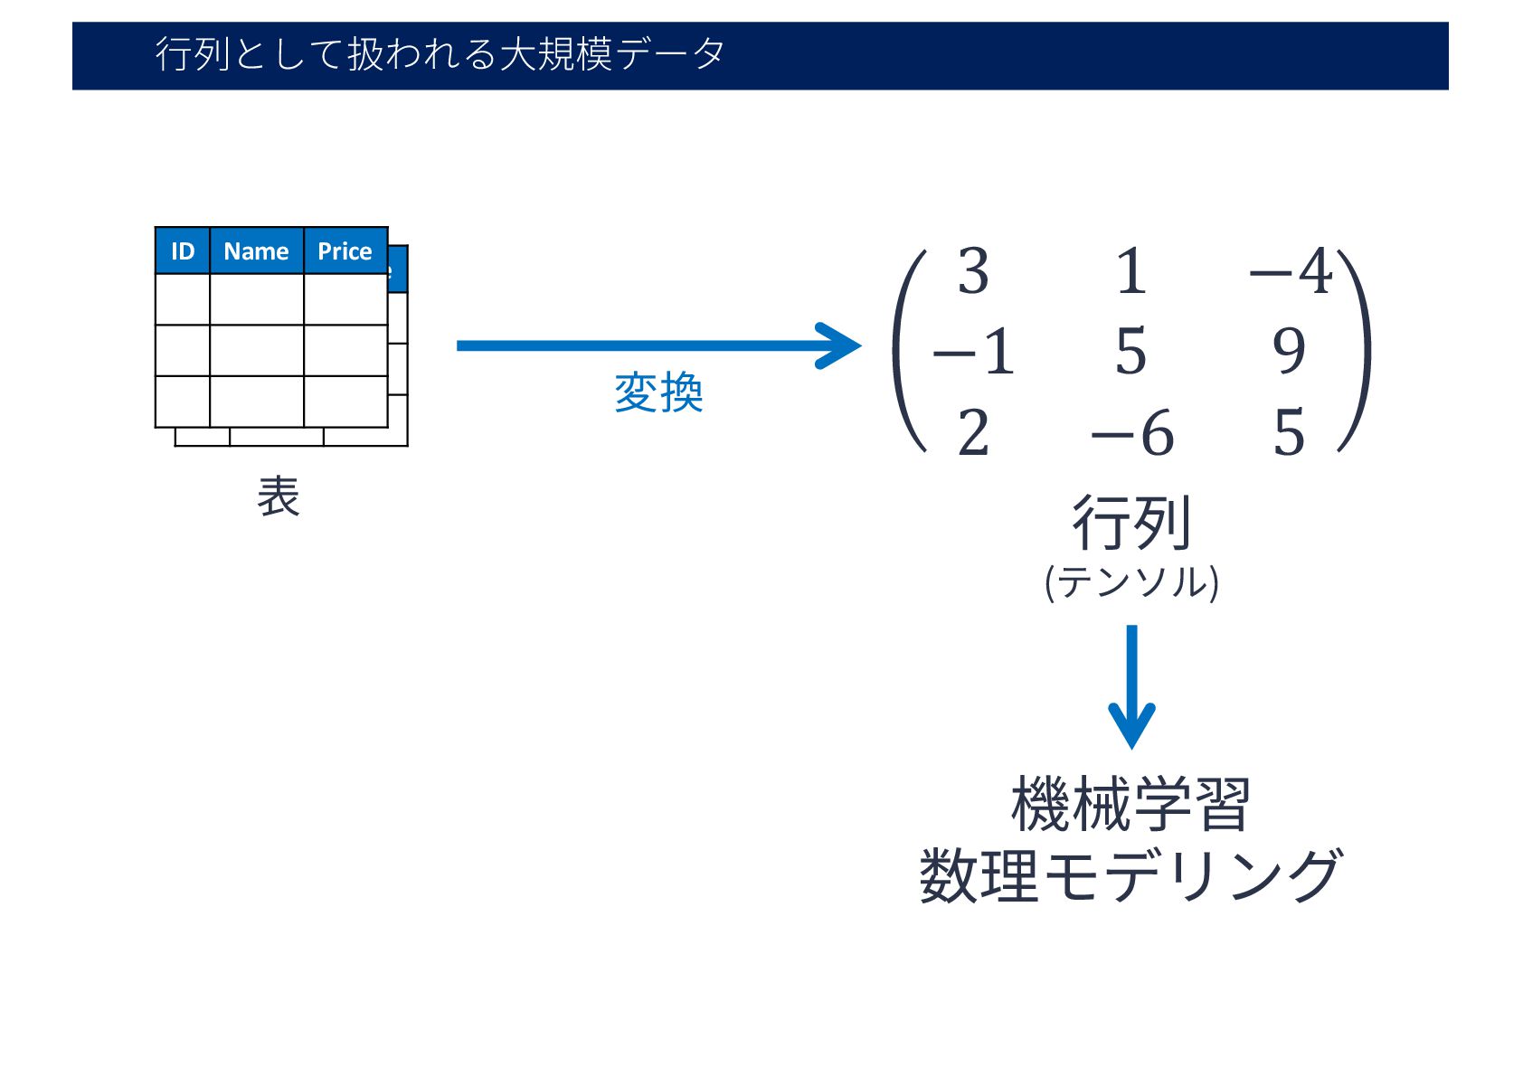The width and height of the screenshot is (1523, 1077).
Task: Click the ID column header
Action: (x=183, y=251)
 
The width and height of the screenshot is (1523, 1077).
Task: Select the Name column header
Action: (x=256, y=251)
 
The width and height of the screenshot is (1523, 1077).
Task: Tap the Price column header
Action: (x=345, y=251)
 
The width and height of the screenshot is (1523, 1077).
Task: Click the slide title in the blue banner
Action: (x=440, y=54)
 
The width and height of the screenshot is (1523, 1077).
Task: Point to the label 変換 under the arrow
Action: (x=658, y=393)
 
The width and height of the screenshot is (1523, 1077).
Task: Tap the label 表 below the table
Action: (x=278, y=496)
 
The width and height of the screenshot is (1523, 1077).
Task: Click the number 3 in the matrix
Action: (x=973, y=271)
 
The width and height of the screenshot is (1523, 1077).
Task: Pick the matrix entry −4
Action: (x=1291, y=271)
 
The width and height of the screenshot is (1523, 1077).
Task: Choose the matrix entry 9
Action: (x=1289, y=351)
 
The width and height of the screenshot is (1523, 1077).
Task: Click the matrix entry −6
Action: (x=1132, y=433)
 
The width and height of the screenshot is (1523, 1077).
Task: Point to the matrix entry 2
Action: (x=973, y=433)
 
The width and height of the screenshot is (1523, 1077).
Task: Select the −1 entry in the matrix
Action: (x=973, y=351)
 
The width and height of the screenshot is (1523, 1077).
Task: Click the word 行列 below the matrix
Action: (x=1131, y=523)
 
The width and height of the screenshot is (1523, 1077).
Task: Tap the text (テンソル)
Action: (x=1131, y=581)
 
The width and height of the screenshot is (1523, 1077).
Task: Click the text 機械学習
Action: (x=1130, y=804)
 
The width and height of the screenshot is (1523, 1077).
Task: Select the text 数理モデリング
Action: (x=1130, y=875)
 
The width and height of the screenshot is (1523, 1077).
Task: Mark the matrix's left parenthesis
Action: (x=908, y=351)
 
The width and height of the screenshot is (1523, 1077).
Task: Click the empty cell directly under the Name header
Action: (x=257, y=299)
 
